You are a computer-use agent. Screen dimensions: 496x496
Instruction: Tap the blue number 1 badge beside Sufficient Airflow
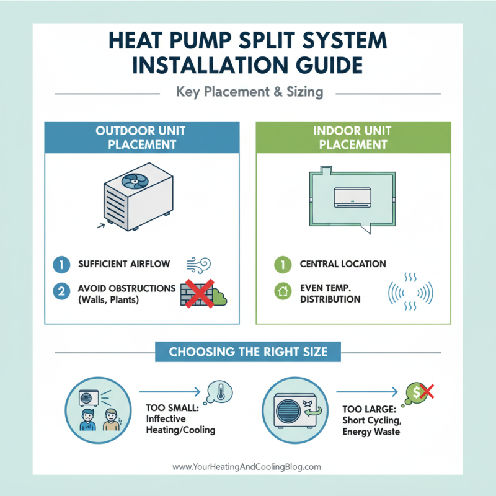61,264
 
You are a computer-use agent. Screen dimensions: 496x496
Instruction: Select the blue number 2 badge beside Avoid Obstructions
61,291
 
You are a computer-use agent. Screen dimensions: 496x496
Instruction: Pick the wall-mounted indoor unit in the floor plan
350,197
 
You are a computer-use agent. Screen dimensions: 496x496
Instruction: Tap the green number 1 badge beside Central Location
282,264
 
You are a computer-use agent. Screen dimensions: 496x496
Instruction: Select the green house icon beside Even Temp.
282,290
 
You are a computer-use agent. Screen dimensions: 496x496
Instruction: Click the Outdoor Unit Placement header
141,137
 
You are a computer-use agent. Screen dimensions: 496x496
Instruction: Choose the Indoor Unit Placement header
354,137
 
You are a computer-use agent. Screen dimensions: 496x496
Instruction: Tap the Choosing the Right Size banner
247,352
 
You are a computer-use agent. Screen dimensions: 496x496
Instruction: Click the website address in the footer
247,466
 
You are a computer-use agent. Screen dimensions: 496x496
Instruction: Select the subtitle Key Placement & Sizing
249,92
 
